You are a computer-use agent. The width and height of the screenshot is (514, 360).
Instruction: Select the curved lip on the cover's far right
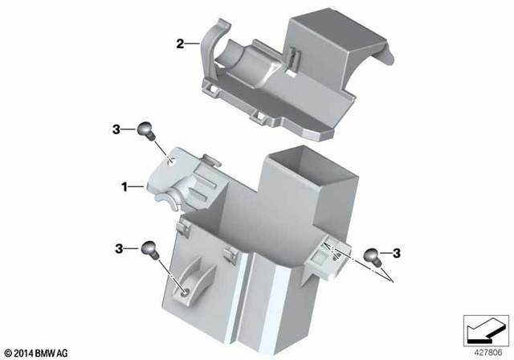[x=385, y=56]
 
